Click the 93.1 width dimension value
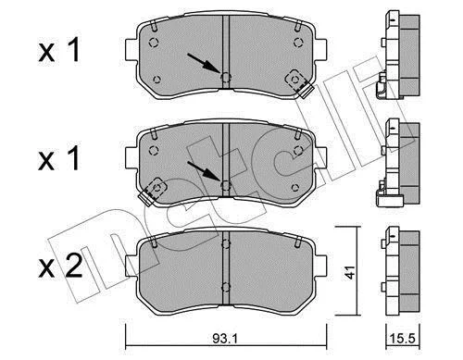tap(225, 339)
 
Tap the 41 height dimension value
tap(350, 272)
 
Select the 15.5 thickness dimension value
tap(404, 339)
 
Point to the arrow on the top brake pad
tap(204, 64)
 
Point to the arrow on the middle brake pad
tap(204, 170)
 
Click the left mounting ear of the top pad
tap(131, 49)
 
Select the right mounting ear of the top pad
tap(320, 49)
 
